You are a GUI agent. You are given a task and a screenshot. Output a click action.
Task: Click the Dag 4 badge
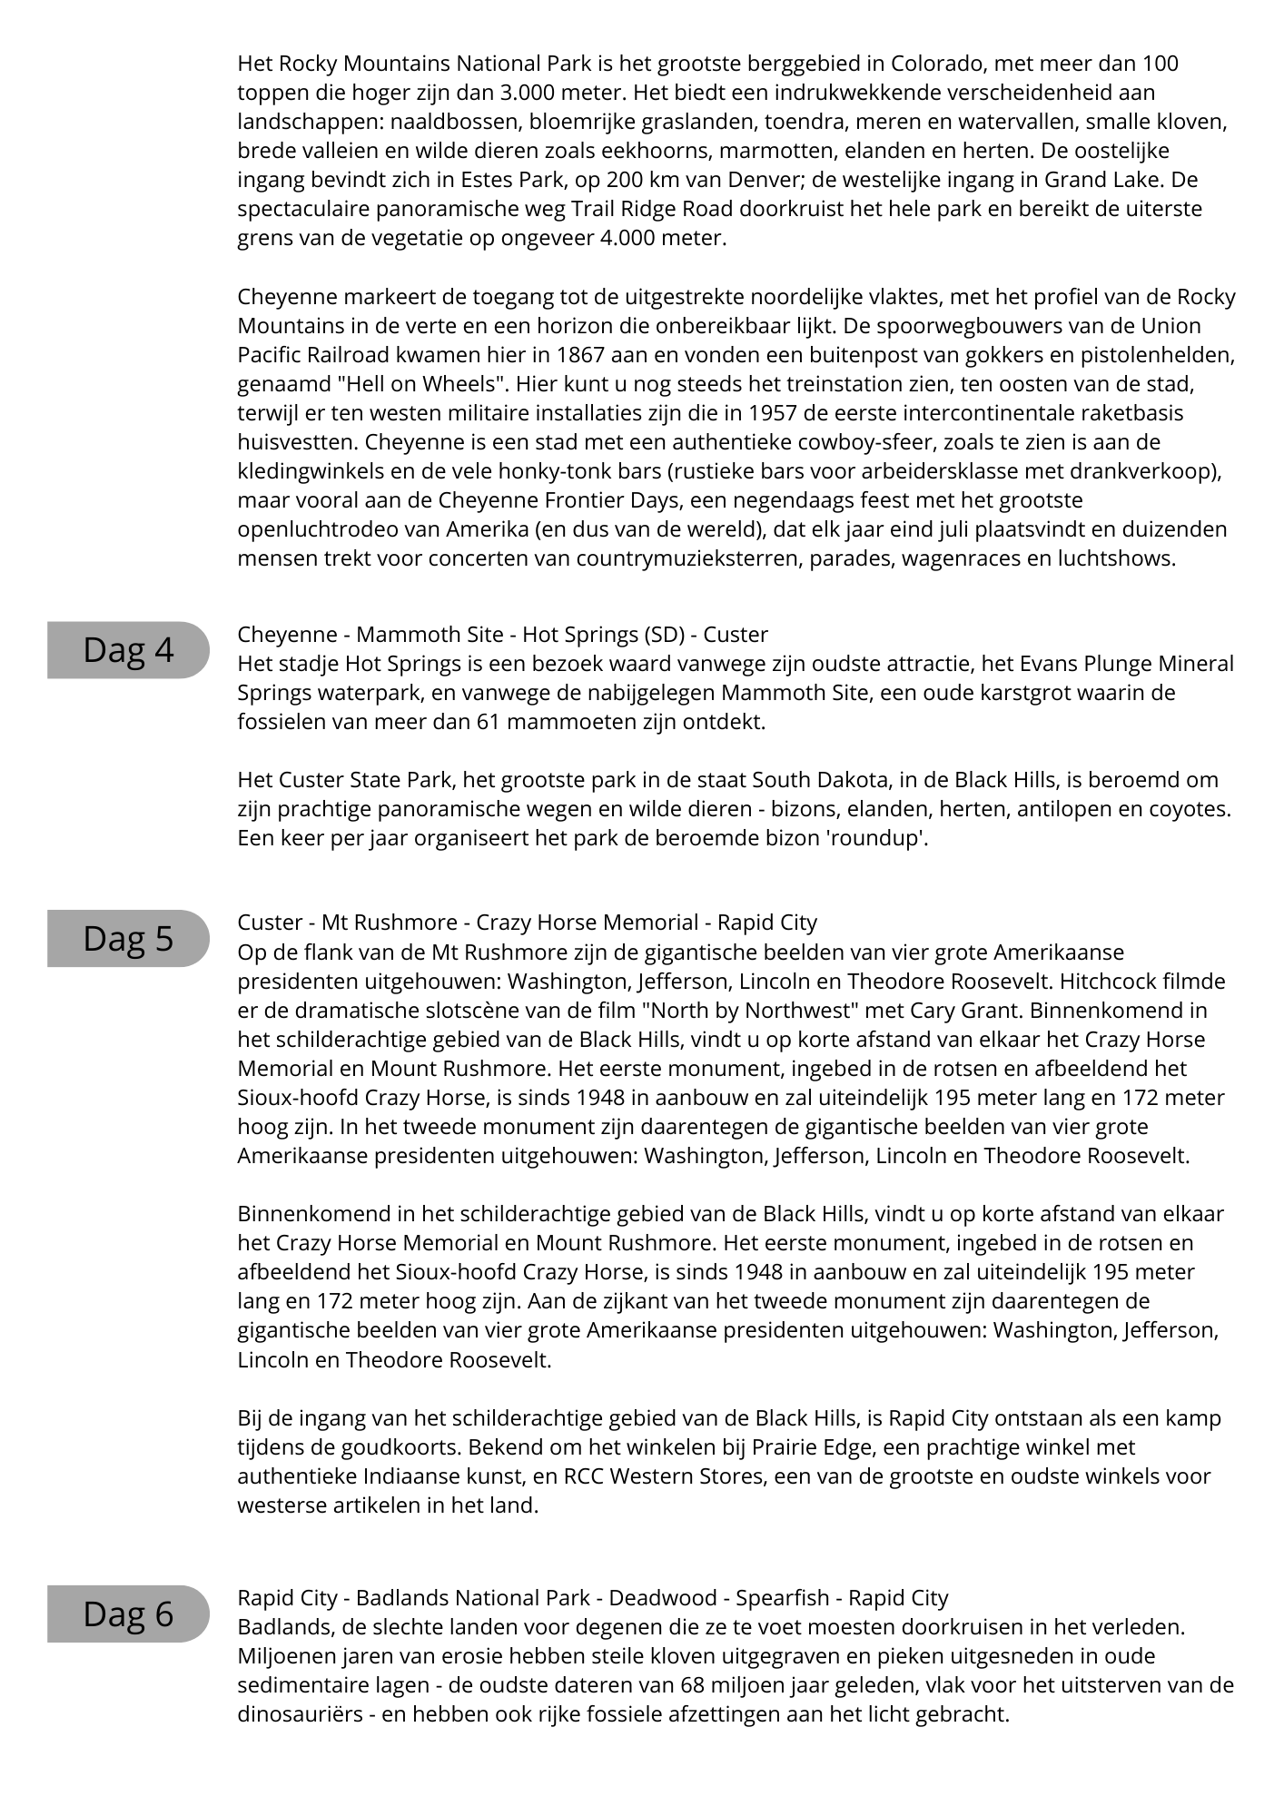pyautogui.click(x=128, y=650)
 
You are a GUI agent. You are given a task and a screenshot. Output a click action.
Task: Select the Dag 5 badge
pyautogui.click(x=128, y=938)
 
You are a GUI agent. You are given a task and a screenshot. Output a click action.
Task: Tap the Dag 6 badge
pyautogui.click(x=128, y=1614)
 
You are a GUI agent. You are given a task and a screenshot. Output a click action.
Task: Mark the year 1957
pyautogui.click(x=774, y=413)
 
